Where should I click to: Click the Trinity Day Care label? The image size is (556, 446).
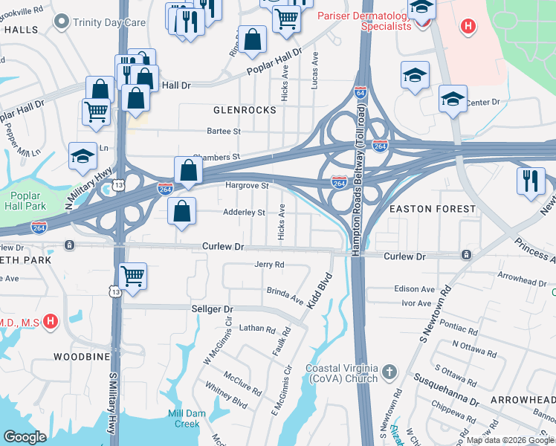[109, 22]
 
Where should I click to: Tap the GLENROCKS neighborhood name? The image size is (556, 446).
[245, 110]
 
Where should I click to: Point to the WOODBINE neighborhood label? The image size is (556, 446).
[83, 357]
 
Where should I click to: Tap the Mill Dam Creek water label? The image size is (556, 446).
[184, 418]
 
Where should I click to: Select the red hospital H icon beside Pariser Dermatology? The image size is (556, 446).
[468, 28]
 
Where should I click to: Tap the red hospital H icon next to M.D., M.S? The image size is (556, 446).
[50, 321]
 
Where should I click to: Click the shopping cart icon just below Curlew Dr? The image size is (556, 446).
[132, 277]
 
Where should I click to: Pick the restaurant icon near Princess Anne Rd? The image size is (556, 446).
[530, 182]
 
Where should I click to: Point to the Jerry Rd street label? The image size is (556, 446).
[269, 265]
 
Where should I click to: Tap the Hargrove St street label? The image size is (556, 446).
[247, 185]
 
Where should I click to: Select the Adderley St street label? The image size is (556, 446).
[245, 213]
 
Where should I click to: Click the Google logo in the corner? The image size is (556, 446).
[25, 437]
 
